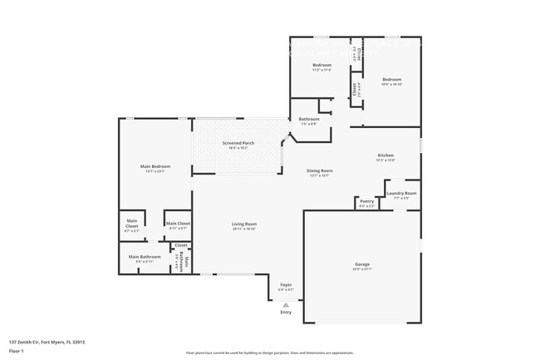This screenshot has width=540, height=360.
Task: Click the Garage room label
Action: point(362,264)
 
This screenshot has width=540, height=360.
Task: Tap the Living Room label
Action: point(244,224)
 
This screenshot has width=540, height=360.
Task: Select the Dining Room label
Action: point(320,170)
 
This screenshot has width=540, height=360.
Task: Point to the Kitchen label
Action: point(385,155)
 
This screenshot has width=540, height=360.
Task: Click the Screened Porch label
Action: point(238,143)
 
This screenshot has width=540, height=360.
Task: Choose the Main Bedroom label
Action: point(155,166)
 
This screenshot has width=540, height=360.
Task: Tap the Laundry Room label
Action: point(400,193)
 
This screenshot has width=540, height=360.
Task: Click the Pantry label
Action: point(366,200)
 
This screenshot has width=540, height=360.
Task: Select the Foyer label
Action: point(286,285)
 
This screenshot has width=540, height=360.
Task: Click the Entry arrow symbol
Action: point(286,304)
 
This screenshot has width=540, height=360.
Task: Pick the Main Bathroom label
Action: point(144,257)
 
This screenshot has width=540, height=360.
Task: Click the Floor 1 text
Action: point(17,350)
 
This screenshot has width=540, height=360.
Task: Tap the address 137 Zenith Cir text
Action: point(47,342)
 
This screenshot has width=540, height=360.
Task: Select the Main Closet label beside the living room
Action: point(178,224)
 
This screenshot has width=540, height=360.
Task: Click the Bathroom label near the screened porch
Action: point(308,120)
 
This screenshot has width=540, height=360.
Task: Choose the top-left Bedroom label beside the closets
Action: point(322,65)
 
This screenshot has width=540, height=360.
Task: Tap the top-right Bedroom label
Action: point(391,80)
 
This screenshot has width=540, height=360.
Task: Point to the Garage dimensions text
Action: point(362,269)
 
